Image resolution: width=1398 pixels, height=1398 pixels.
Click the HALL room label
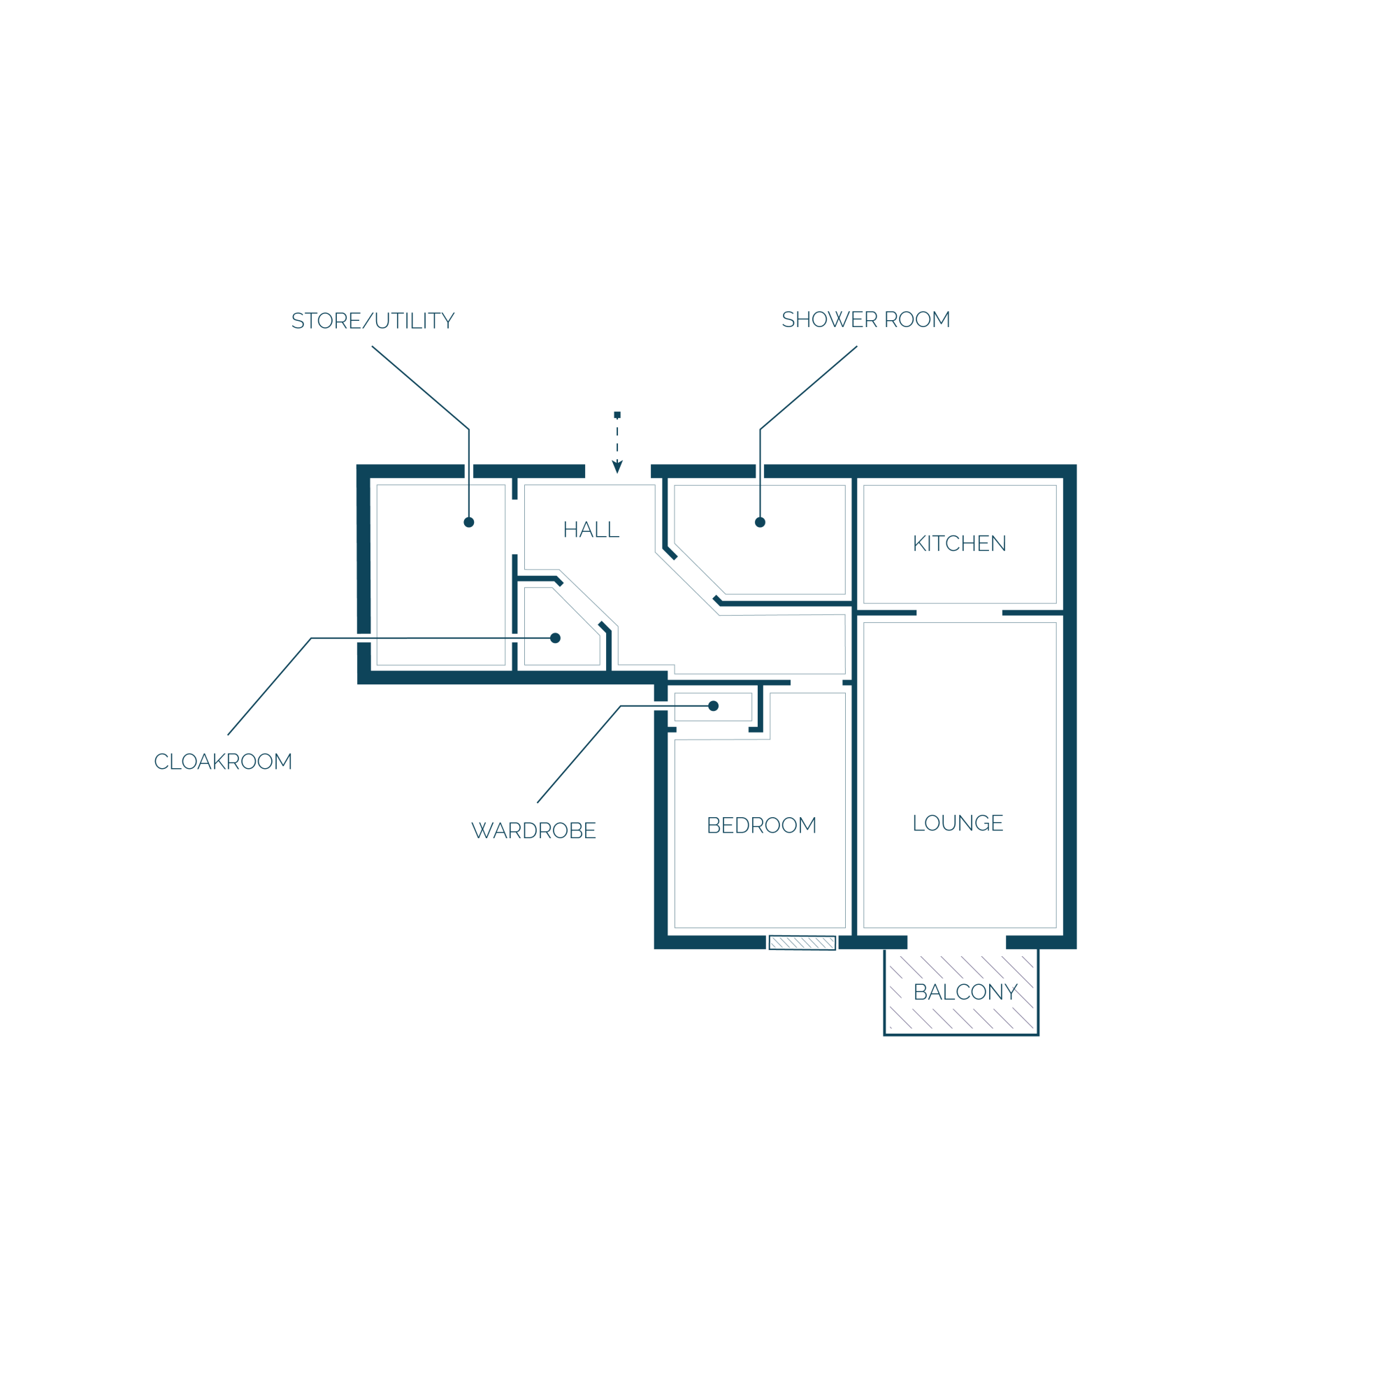[x=591, y=530]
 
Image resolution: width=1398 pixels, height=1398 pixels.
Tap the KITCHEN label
[x=960, y=543]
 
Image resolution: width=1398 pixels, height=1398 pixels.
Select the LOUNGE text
[x=958, y=823]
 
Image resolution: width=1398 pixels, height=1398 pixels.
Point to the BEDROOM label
[x=761, y=825]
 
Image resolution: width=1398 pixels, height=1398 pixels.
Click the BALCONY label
[x=965, y=992]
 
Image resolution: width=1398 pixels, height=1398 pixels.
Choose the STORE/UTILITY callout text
[x=373, y=321]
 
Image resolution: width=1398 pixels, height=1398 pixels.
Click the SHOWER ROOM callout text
[x=866, y=320]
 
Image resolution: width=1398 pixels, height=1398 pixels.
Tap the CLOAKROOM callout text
[x=223, y=761]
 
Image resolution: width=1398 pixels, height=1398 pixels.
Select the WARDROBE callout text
[x=534, y=830]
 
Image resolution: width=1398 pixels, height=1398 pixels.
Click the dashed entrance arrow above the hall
[x=617, y=442]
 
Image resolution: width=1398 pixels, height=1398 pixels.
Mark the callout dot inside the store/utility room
[x=469, y=522]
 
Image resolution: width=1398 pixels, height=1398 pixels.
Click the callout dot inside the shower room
[x=760, y=522]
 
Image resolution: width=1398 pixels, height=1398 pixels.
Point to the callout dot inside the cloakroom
[x=555, y=638]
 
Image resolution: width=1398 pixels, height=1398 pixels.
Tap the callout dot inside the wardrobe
[x=714, y=706]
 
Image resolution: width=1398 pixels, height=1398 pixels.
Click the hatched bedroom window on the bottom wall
[x=802, y=942]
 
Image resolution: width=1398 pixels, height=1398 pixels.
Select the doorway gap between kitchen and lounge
[x=960, y=613]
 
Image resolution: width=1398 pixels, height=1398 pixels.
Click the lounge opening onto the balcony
[x=957, y=942]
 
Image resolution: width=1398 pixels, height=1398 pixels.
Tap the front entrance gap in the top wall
[x=618, y=471]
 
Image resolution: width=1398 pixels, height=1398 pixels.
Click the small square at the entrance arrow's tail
[x=617, y=415]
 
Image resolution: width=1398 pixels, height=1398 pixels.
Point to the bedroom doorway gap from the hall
[x=816, y=682]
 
